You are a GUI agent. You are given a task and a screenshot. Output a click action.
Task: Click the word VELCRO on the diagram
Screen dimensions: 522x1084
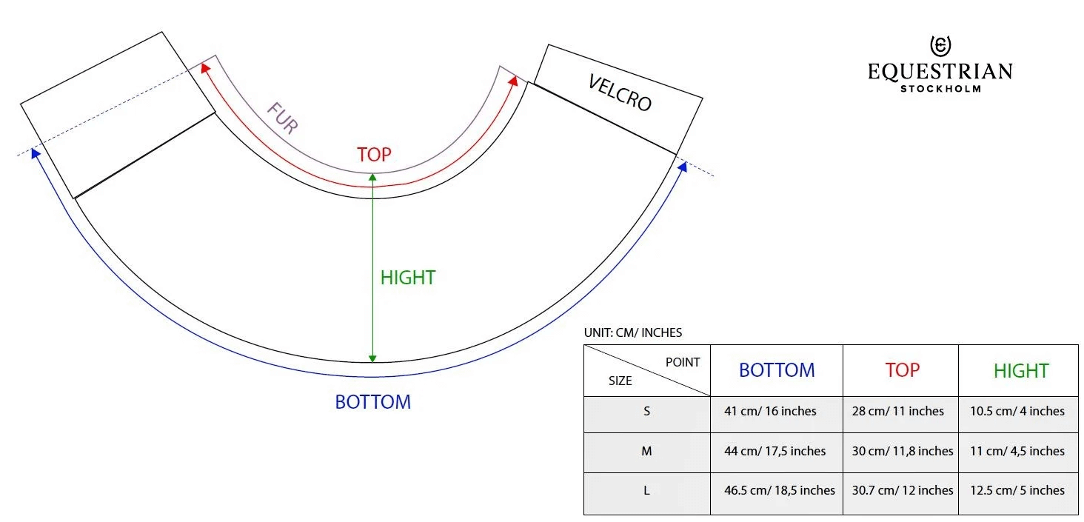coord(620,93)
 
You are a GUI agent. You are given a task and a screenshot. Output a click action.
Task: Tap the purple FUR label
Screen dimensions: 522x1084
coord(282,117)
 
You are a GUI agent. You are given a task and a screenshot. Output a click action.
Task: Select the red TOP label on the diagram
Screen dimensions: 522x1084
coord(374,155)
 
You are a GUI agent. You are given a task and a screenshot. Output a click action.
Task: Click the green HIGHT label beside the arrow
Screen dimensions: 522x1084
coord(408,278)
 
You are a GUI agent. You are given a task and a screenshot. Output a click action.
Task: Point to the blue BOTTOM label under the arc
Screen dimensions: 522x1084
coord(373,402)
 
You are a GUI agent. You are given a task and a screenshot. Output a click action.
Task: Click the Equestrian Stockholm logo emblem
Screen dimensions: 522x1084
coord(940,47)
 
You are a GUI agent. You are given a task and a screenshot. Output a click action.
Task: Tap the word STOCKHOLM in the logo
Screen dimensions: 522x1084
coord(940,89)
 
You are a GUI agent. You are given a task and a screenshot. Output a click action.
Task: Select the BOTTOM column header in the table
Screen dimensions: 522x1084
coord(777,370)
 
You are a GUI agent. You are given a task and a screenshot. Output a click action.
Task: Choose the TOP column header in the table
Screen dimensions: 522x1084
coord(902,370)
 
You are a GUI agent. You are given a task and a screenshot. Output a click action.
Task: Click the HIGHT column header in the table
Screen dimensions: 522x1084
coord(1021,370)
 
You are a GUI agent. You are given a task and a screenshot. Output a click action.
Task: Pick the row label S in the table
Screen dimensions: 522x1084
coord(647,411)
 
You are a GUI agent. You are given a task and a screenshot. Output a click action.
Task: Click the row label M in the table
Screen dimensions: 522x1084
coord(647,451)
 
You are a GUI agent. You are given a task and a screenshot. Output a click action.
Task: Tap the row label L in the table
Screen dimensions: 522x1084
coord(647,490)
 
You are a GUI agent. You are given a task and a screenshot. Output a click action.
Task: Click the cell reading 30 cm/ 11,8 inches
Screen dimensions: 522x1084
coord(903,451)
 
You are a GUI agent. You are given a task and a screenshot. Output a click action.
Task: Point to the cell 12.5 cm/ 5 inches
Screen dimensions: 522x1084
coord(1017,490)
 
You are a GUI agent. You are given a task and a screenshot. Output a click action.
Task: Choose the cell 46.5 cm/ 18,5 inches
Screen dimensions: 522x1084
coord(780,490)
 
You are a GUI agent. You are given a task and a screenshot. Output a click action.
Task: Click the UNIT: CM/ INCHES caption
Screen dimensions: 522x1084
coord(633,332)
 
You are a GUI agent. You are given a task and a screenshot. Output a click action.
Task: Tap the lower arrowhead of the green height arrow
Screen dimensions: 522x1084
coord(373,358)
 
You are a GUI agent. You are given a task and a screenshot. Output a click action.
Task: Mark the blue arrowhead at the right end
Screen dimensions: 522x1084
coord(683,167)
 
